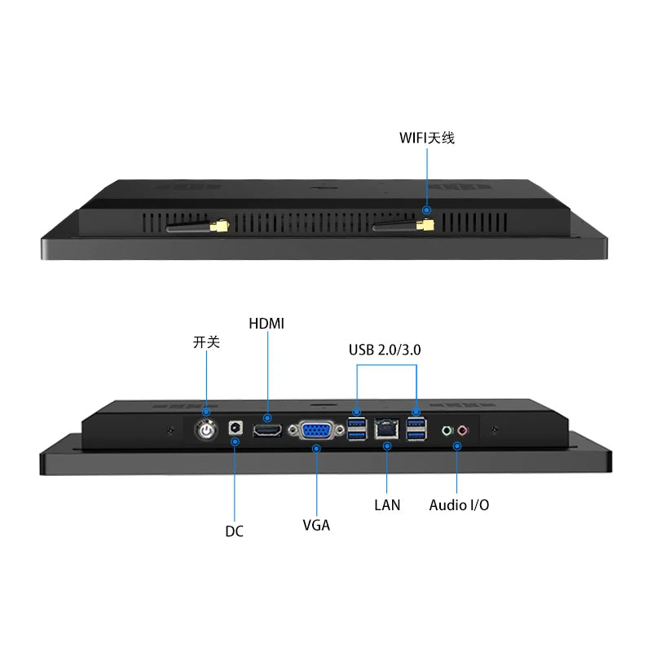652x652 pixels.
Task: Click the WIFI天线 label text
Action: point(426,138)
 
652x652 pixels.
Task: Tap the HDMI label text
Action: point(267,324)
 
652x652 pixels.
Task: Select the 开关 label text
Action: point(206,342)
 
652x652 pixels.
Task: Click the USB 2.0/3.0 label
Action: point(385,350)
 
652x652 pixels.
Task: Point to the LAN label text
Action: point(387,504)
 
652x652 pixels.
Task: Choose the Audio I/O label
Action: point(459,504)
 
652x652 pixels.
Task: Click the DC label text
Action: point(234,531)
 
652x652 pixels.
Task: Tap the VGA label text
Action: point(316,525)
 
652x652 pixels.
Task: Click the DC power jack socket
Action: point(236,428)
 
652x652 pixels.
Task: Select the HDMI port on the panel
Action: point(267,430)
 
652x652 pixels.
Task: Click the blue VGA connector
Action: point(316,431)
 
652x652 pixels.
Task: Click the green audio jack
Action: point(447,430)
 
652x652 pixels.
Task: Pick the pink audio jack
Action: point(463,430)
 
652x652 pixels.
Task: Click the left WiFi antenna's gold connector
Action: point(219,226)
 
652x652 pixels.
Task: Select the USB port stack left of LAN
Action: point(357,430)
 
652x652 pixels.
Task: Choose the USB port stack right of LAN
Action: point(416,430)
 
